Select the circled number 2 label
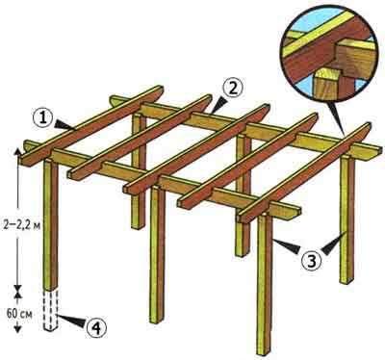click(x=233, y=89)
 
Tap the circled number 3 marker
click(x=311, y=262)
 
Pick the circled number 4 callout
click(x=95, y=327)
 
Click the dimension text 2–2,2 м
click(x=22, y=225)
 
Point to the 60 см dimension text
click(x=19, y=314)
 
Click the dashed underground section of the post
click(x=51, y=311)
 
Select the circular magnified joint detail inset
click(x=329, y=52)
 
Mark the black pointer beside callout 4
click(x=72, y=321)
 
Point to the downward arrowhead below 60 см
click(x=18, y=328)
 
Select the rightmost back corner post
click(x=346, y=220)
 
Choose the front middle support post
click(x=157, y=254)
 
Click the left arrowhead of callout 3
click(x=286, y=246)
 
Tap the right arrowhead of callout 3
click(x=334, y=244)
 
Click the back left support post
click(x=139, y=171)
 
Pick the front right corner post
click(x=265, y=285)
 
